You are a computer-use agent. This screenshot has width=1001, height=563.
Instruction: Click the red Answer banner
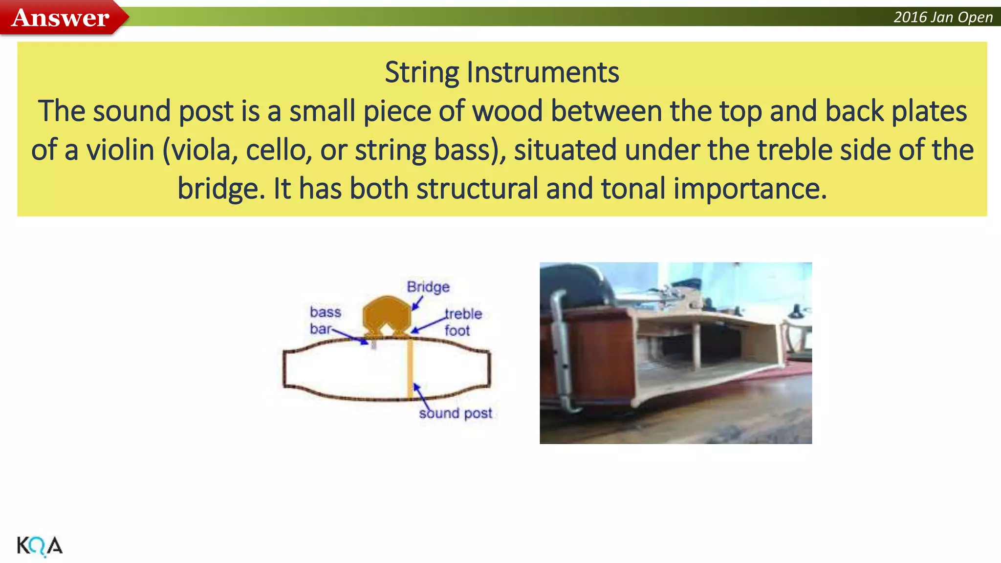(61, 18)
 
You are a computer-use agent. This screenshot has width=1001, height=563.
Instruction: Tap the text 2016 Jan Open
(943, 18)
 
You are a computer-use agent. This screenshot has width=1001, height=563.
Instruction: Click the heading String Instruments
(501, 72)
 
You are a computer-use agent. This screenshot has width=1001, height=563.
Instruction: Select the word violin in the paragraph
(120, 150)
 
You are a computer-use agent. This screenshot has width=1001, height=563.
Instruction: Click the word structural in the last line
(477, 189)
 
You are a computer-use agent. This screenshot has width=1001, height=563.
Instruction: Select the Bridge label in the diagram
(428, 287)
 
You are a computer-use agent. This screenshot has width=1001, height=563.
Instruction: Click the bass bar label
(325, 320)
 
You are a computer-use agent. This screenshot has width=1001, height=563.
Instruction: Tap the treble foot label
(462, 322)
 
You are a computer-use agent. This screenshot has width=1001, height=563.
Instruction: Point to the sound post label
(456, 413)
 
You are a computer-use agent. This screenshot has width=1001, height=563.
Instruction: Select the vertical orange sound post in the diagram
(410, 369)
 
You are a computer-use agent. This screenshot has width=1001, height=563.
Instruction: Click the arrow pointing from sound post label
(421, 396)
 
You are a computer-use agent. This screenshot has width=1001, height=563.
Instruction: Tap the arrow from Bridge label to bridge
(417, 303)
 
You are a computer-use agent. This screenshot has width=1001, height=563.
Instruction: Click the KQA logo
(40, 546)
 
